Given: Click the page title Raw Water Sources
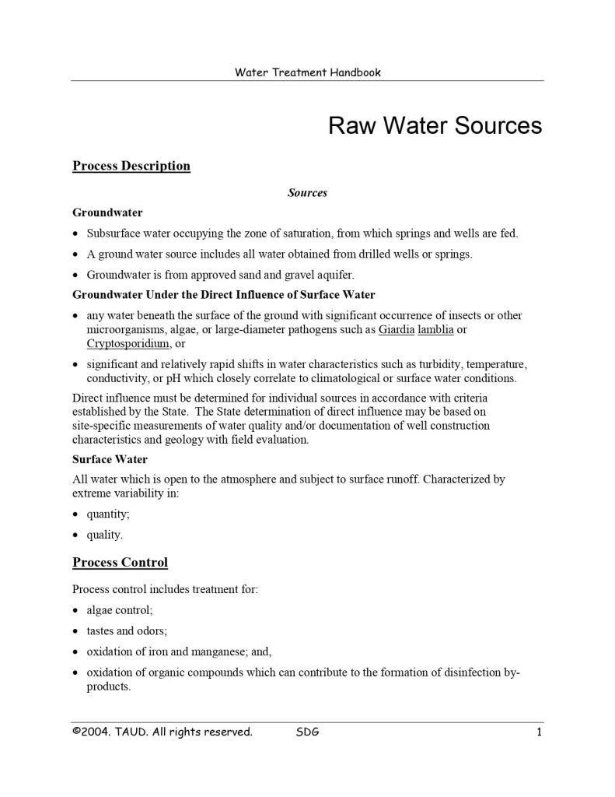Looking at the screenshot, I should tap(435, 126).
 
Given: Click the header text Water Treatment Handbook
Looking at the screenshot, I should tap(308, 72).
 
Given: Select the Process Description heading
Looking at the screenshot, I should tap(131, 166).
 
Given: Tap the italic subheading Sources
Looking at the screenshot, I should tap(307, 192).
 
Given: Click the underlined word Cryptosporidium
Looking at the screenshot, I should tap(128, 343).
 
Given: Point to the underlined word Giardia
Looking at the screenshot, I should tap(397, 330).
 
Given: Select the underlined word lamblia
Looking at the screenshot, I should tap(435, 330).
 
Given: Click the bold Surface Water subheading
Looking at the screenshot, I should tap(110, 459).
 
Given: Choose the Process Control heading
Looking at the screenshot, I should tap(120, 563).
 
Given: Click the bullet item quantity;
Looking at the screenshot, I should tap(108, 514).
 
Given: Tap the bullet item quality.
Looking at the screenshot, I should tap(105, 535).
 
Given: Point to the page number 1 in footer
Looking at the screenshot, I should tap(538, 732).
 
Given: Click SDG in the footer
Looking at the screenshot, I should tap(308, 732).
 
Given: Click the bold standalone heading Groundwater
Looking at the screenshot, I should tap(107, 212).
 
